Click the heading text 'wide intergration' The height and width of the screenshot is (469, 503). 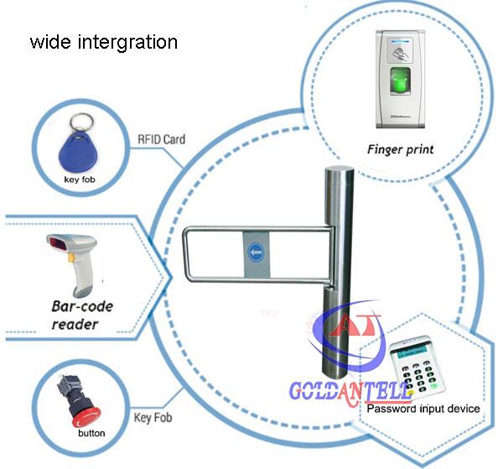click(104, 41)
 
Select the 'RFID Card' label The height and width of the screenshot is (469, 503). click(160, 138)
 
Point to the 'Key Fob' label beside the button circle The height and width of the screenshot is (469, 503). click(153, 417)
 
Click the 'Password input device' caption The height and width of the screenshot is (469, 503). click(423, 409)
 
